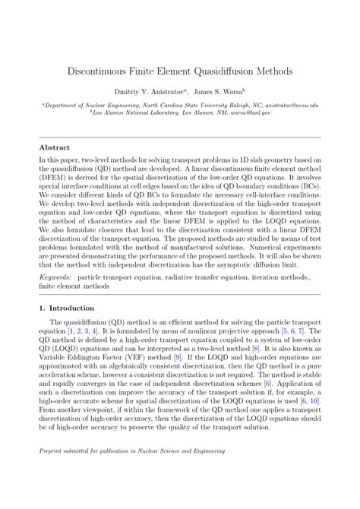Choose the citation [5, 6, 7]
coord(295,332)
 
